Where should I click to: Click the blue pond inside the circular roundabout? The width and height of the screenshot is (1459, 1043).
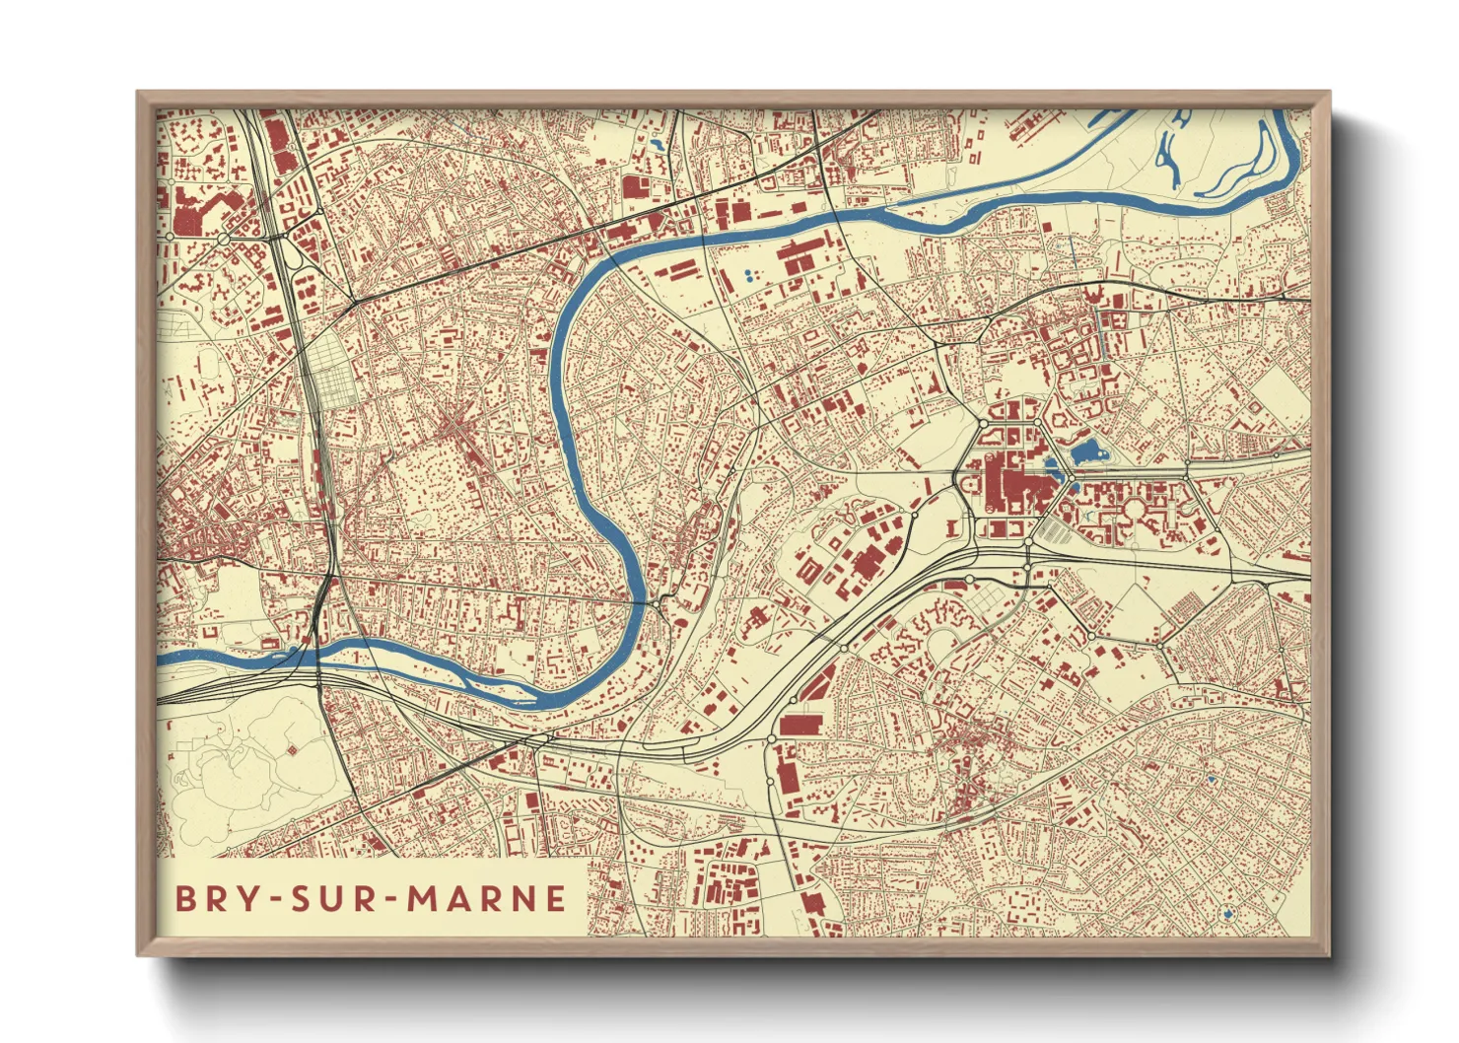pos(1226,915)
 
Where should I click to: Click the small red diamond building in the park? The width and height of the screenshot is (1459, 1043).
pos(291,751)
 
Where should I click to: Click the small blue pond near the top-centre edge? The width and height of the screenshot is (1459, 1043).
pos(655,145)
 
